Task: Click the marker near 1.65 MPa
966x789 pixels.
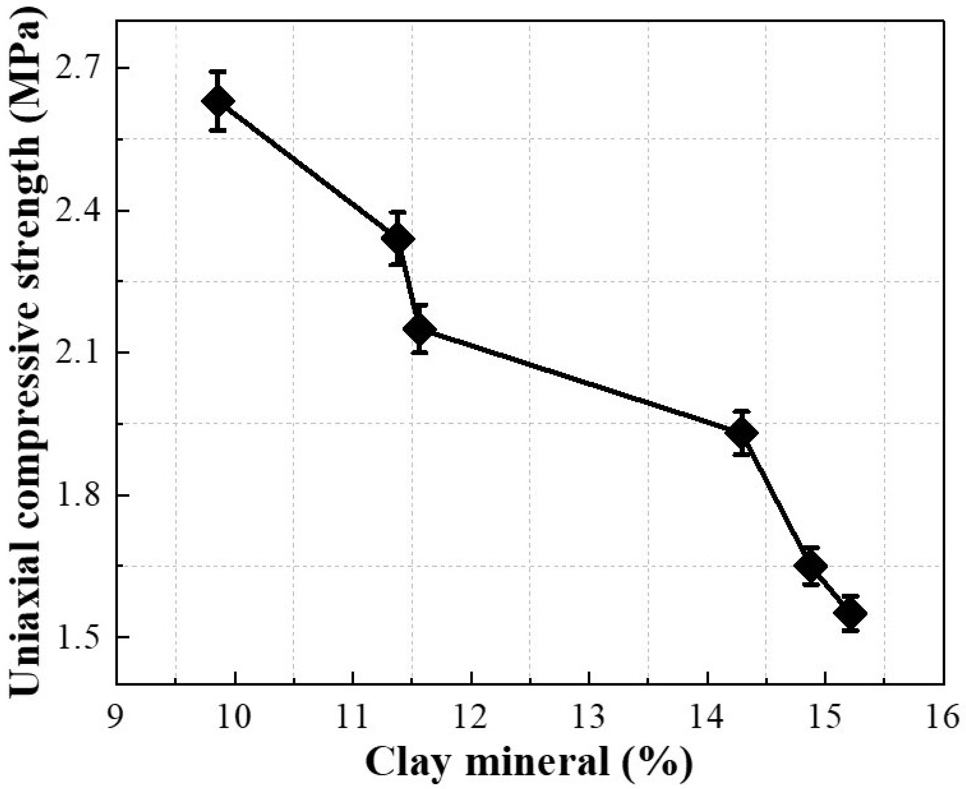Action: pyautogui.click(x=811, y=566)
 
